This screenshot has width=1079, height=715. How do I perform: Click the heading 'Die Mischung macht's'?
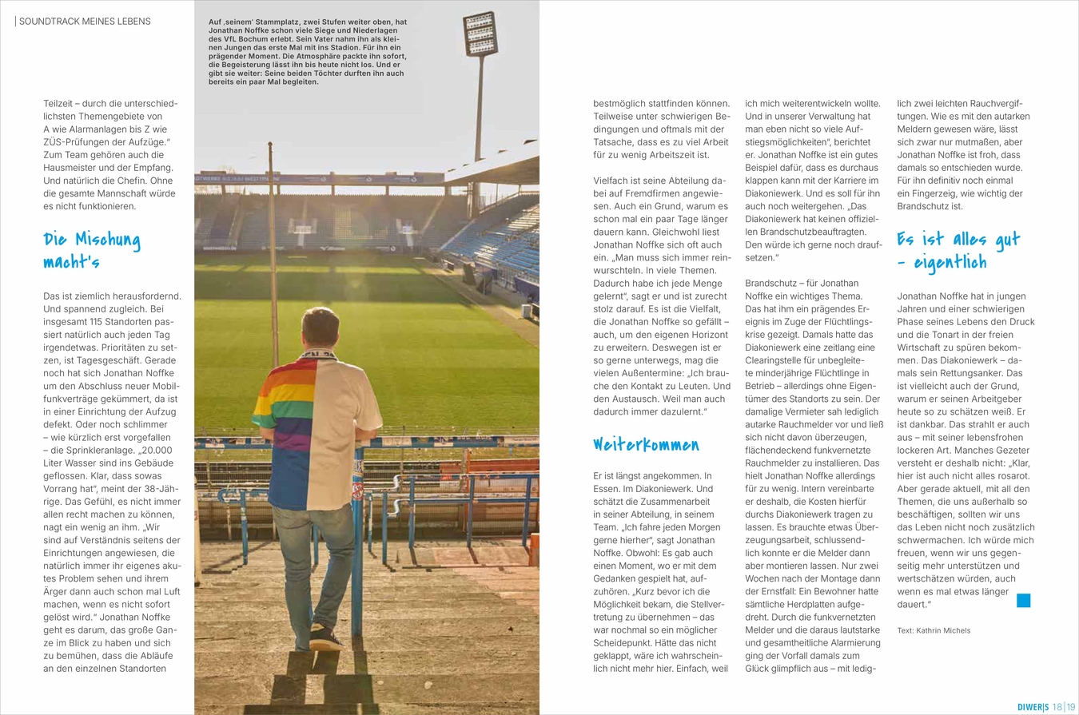[x=91, y=250]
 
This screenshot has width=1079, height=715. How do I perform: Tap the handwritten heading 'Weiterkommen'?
[x=646, y=444]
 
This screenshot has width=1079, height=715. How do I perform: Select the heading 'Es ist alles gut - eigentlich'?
[x=958, y=250]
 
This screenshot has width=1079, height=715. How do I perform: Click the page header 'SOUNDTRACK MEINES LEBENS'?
[x=84, y=21]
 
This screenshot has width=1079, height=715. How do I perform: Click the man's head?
[x=321, y=327]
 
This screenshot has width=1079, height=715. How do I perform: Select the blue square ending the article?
[x=1023, y=601]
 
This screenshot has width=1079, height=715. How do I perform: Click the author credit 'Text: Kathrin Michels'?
[x=934, y=630]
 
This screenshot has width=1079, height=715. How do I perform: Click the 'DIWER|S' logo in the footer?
[x=1033, y=706]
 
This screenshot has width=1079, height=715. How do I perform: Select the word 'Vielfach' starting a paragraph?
[x=612, y=181]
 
